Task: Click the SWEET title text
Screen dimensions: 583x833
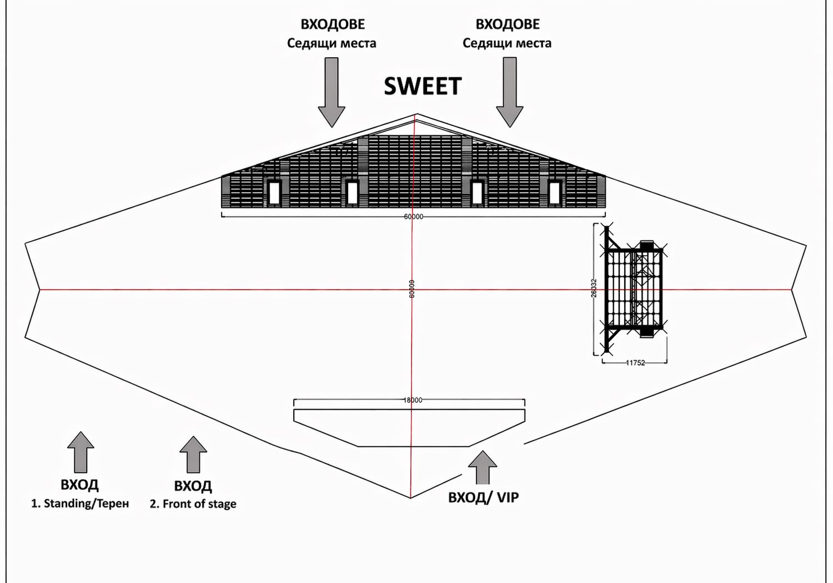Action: point(423,86)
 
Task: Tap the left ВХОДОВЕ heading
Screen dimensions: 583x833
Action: point(333,24)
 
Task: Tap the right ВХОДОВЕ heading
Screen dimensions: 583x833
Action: point(508,24)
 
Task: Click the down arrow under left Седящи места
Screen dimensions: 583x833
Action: point(332,92)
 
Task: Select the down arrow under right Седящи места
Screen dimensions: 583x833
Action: point(509,92)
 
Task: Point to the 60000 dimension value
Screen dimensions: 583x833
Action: point(413,217)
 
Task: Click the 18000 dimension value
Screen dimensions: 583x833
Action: point(413,400)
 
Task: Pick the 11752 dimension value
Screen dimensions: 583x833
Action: point(635,363)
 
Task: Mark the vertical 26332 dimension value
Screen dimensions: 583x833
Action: point(594,289)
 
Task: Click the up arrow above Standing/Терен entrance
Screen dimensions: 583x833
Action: point(81,451)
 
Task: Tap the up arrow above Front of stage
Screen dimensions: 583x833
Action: point(193,454)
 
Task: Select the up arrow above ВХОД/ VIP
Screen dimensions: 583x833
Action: point(483,467)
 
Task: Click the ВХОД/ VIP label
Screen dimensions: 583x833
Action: point(483,497)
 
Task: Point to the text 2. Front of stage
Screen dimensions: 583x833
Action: point(193,504)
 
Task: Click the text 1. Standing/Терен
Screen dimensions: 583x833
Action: point(80,504)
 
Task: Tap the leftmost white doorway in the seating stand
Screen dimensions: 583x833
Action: point(273,193)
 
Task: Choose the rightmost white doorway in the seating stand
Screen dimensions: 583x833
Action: point(554,193)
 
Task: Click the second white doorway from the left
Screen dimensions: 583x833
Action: point(352,193)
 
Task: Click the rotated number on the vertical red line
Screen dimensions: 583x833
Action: point(412,289)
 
